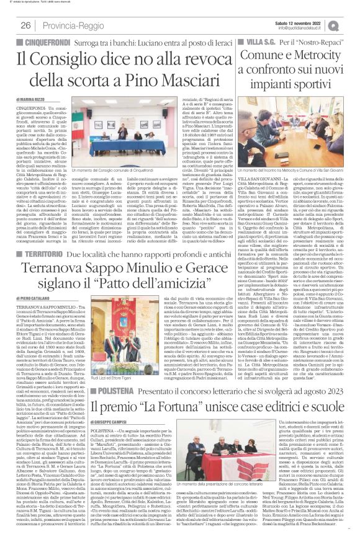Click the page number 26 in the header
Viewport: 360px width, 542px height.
pyautogui.click(x=26, y=25)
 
